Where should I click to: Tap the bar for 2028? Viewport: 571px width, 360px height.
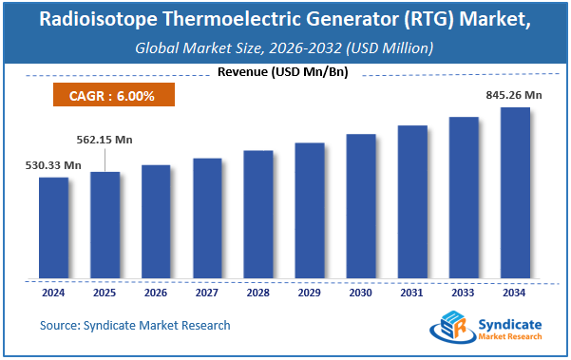tap(258, 215)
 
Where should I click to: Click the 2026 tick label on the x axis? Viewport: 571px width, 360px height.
tap(157, 293)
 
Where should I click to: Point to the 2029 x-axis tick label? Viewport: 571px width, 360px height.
tap(310, 293)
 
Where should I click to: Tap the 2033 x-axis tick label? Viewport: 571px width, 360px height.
tap(463, 293)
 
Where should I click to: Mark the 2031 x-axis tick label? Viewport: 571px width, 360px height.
tap(411, 293)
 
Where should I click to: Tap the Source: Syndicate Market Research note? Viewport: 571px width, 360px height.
tap(135, 326)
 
